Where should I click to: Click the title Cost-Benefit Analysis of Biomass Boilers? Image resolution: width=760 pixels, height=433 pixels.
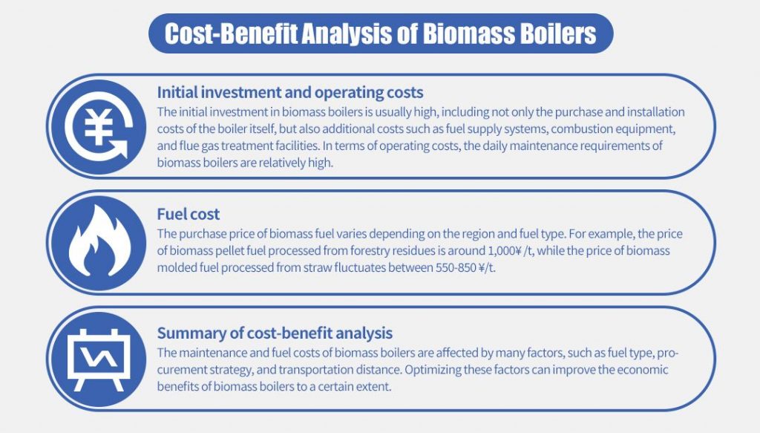click(x=380, y=33)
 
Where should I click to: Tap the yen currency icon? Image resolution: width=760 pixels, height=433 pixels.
click(x=96, y=127)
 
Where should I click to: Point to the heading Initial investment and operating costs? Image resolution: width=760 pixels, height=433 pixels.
click(x=290, y=93)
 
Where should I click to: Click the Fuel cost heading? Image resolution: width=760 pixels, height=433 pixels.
click(x=189, y=215)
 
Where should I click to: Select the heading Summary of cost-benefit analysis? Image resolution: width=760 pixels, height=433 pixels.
click(x=275, y=333)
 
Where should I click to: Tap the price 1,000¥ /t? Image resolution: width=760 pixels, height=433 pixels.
click(x=509, y=251)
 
